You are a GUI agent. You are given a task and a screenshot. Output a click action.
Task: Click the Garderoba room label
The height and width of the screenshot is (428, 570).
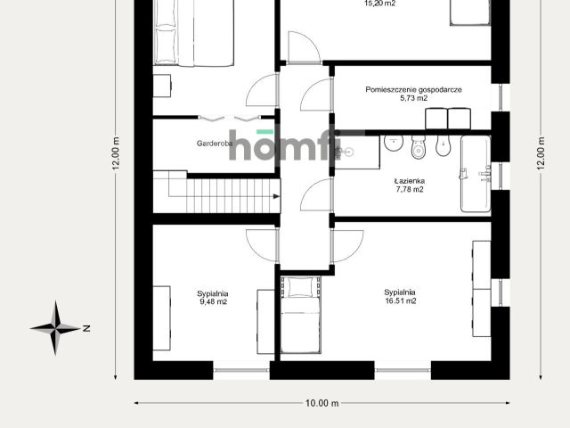(x=215, y=144)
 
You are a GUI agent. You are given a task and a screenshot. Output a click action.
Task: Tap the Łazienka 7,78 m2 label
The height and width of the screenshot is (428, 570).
(x=410, y=185)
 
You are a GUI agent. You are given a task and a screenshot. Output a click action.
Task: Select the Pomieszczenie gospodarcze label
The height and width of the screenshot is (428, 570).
(x=413, y=89)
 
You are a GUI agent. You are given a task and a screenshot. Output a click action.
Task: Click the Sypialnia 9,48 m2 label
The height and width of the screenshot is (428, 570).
(x=213, y=297)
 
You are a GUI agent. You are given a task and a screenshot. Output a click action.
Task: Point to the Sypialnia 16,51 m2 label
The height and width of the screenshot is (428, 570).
(x=400, y=296)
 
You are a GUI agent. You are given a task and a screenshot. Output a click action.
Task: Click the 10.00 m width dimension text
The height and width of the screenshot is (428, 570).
(x=322, y=403)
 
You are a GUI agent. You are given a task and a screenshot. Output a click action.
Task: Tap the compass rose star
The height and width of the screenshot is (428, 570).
(x=55, y=328)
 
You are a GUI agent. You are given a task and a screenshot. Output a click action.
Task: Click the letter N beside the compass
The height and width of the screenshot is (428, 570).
(x=86, y=328)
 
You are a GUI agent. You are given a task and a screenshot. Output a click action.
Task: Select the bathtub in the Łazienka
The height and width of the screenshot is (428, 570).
(x=476, y=174)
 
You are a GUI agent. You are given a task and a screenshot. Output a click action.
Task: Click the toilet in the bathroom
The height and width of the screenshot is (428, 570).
(x=419, y=146)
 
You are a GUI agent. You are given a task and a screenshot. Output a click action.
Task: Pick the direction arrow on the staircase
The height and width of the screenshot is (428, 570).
(x=276, y=196)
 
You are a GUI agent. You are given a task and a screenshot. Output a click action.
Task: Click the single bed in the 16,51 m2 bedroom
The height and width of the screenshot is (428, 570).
(x=301, y=315)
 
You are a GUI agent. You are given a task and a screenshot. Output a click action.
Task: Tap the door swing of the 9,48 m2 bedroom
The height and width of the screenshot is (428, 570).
(x=263, y=245)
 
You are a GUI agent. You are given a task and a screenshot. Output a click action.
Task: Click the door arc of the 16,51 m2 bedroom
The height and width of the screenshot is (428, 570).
(x=346, y=246)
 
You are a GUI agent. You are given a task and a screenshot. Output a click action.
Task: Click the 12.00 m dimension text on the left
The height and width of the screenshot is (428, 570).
(x=116, y=153)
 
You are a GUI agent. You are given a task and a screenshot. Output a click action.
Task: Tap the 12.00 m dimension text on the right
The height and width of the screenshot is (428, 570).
(x=541, y=153)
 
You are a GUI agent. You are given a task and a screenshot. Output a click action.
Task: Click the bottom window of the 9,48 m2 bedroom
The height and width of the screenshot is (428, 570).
(x=241, y=370)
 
